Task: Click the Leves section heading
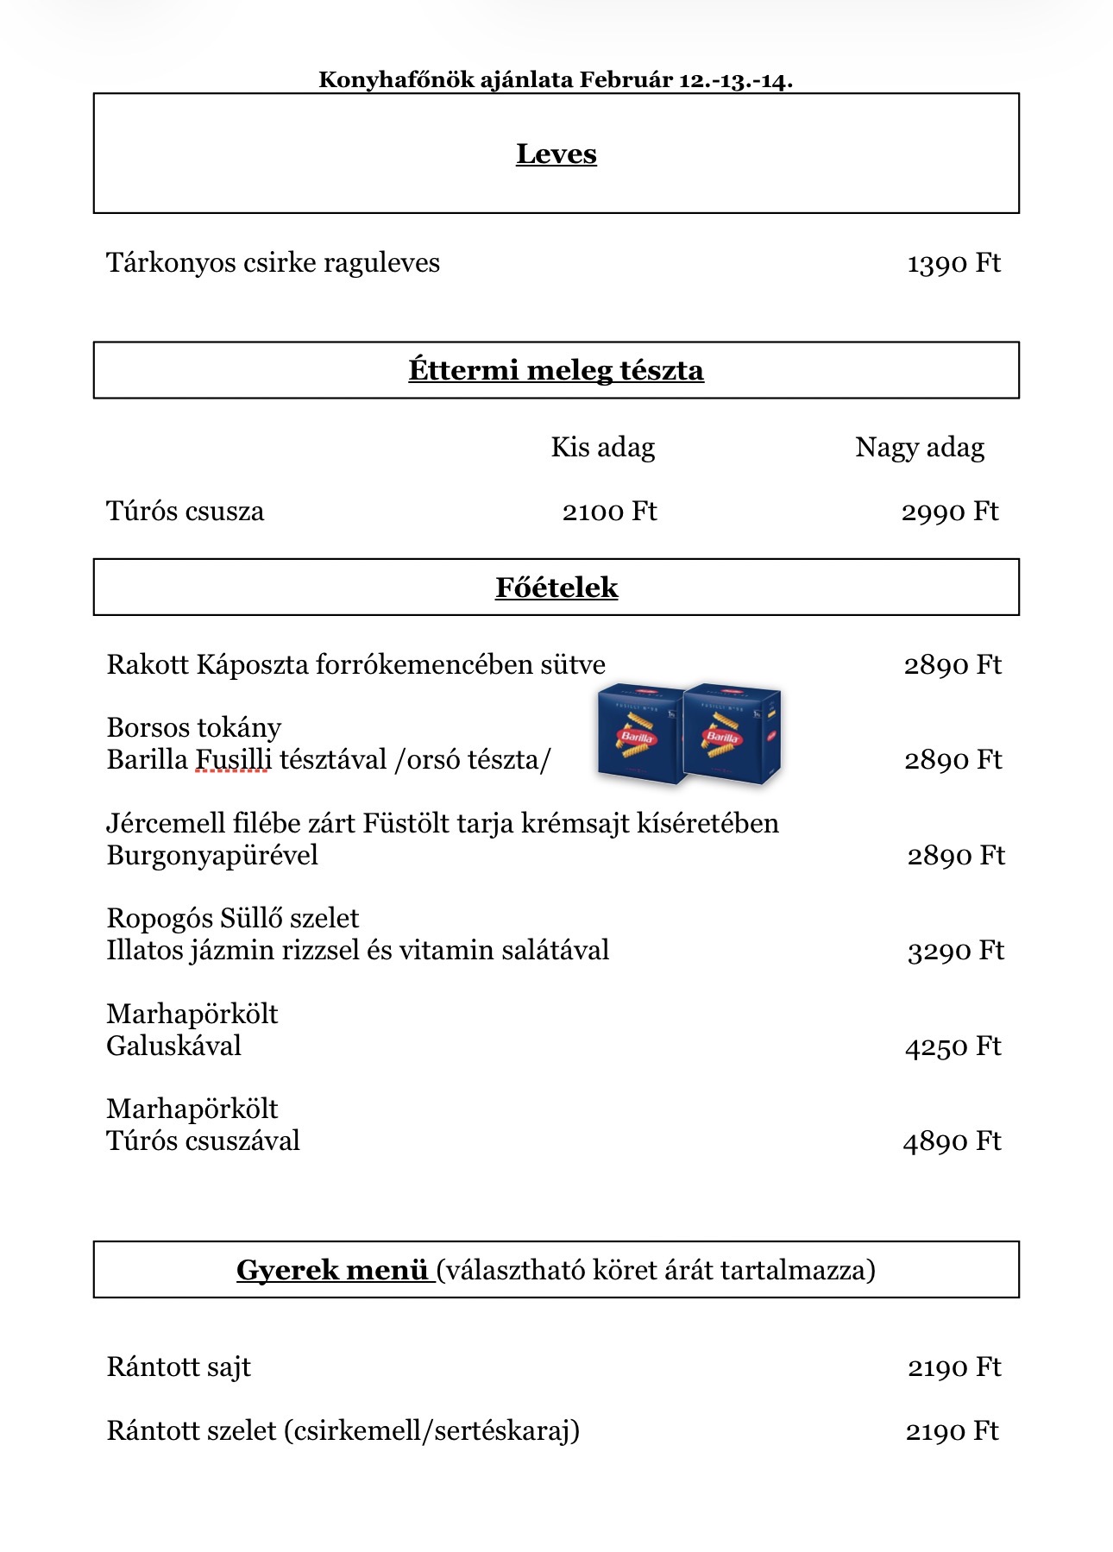point(556,154)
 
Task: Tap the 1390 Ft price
point(953,263)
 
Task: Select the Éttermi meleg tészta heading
point(556,370)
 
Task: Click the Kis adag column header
point(602,447)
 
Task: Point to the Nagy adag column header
point(919,447)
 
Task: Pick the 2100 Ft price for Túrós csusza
point(609,512)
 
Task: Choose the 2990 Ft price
point(949,512)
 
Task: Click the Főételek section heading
point(556,587)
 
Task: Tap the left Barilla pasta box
point(639,733)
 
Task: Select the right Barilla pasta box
point(733,733)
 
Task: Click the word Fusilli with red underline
point(233,760)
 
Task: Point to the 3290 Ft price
point(955,951)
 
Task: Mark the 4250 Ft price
point(953,1046)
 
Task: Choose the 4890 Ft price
point(952,1141)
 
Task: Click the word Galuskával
point(173,1046)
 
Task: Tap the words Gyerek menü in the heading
point(332,1270)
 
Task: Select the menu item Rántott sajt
point(179,1367)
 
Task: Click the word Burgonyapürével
point(212,856)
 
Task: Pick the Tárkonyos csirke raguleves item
point(273,263)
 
